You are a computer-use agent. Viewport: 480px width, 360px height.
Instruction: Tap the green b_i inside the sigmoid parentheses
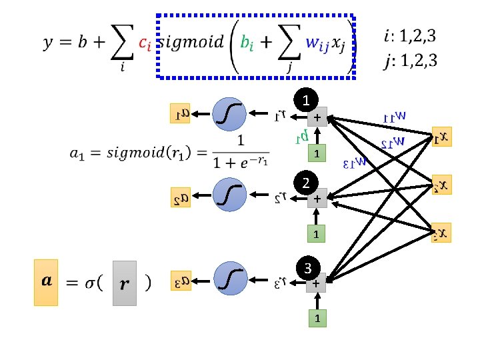point(247,43)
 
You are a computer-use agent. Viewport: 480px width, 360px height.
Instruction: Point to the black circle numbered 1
point(306,101)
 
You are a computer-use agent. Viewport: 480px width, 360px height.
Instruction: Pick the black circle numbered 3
point(306,269)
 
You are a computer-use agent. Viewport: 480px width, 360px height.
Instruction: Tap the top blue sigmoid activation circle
point(230,114)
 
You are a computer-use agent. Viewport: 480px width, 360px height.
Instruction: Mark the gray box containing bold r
point(125,283)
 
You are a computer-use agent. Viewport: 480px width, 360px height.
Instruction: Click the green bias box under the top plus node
point(319,154)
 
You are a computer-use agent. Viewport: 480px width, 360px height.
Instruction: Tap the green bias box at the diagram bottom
point(319,319)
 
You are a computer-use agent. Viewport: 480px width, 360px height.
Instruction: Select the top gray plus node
point(319,117)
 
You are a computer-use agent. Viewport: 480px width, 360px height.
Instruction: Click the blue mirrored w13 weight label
point(360,161)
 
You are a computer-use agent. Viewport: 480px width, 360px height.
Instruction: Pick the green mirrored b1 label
point(301,137)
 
